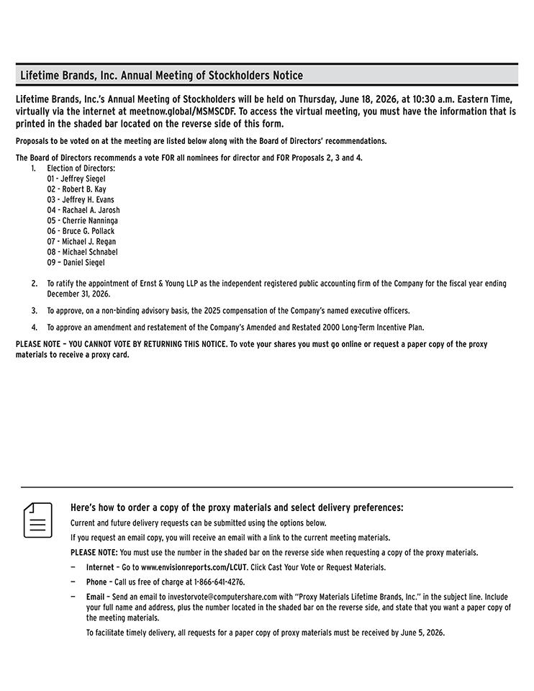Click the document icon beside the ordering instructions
38,520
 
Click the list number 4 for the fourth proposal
34,327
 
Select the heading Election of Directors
81,168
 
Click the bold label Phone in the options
96,582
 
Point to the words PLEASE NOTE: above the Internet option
94,553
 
